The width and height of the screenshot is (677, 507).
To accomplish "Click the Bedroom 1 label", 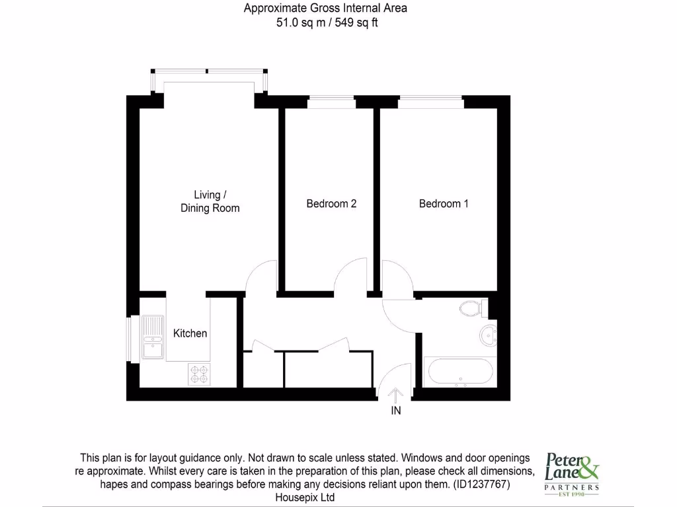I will tap(444, 204).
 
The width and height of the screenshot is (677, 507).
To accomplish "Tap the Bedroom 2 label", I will tap(331, 204).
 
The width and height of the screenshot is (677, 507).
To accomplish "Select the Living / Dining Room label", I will tap(210, 201).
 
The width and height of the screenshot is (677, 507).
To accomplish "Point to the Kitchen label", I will tap(190, 333).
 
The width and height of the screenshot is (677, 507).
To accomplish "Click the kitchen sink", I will tap(152, 337).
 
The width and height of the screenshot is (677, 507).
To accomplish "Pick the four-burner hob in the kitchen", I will tap(199, 374).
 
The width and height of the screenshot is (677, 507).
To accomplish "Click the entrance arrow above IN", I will tap(395, 395).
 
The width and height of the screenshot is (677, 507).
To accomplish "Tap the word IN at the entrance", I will tap(395, 411).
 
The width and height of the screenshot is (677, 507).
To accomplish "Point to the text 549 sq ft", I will tap(357, 22).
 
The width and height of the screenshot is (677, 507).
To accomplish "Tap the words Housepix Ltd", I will tap(305, 498).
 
